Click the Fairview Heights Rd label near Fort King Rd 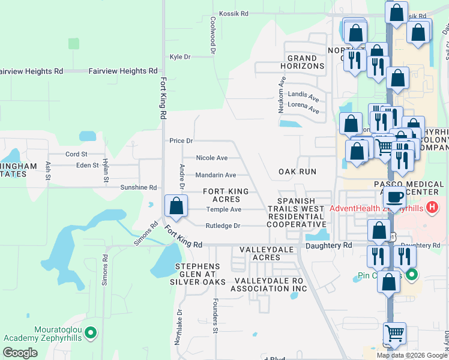122,71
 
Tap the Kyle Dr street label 180,57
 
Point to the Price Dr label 181,141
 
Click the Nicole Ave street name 212,158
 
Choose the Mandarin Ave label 215,175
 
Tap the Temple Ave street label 223,209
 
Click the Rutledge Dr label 223,226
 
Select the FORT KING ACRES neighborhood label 221,195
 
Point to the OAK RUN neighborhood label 297,172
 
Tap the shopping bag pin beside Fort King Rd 176,206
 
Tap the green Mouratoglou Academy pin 91,331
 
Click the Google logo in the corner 20,353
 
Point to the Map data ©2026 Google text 411,355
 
